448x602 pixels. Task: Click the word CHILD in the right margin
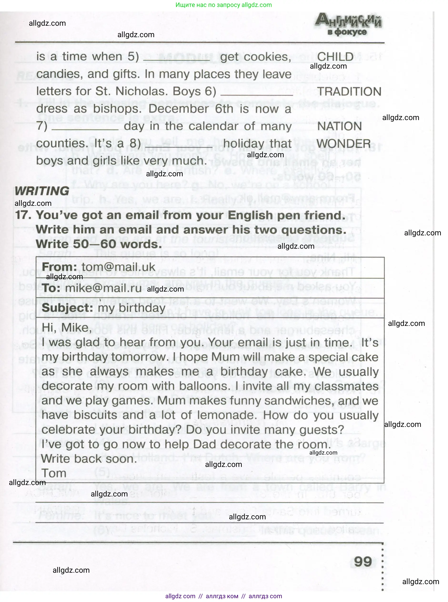pyautogui.click(x=335, y=57)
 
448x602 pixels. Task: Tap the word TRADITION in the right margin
pyautogui.click(x=349, y=91)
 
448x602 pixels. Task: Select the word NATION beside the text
pyautogui.click(x=339, y=126)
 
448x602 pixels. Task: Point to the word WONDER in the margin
pyautogui.click(x=344, y=144)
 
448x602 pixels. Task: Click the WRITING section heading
pyautogui.click(x=42, y=191)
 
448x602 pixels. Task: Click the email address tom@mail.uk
pyautogui.click(x=118, y=267)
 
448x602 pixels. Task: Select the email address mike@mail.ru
pyautogui.click(x=103, y=288)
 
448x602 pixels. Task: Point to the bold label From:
pyautogui.click(x=59, y=267)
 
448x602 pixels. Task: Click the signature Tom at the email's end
pyautogui.click(x=54, y=473)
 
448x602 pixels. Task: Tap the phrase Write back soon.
pyautogui.click(x=89, y=459)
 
